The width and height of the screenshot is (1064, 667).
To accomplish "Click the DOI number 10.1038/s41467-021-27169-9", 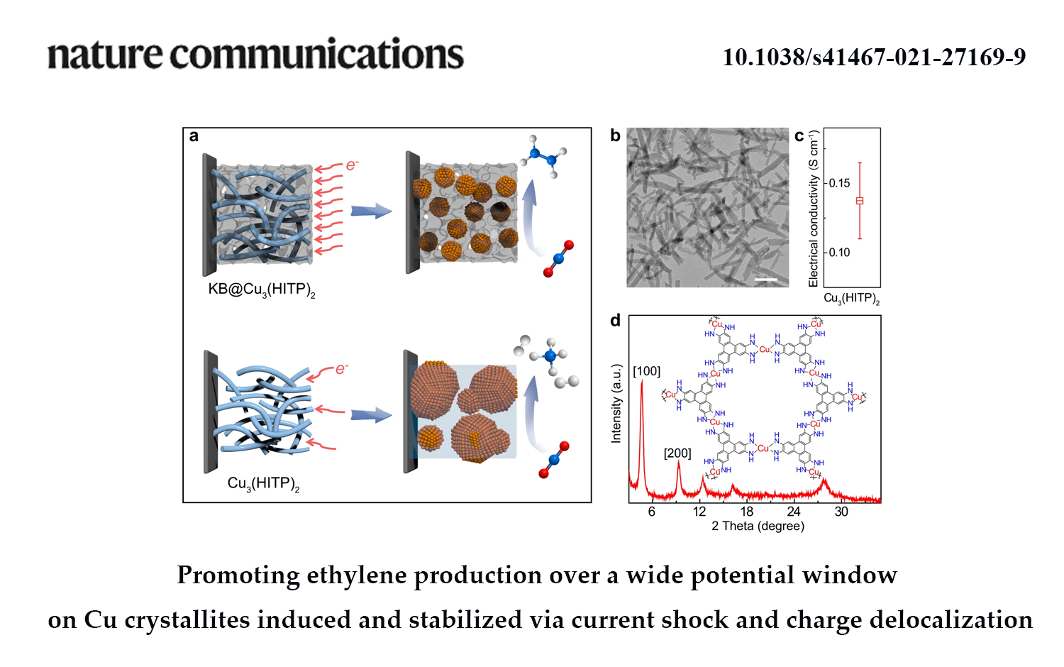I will [x=874, y=57].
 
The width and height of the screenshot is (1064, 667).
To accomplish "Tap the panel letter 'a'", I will [x=194, y=136].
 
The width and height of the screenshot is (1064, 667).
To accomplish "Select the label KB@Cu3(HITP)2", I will [x=261, y=290].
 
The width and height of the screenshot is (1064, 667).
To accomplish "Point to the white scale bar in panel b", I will [x=766, y=280].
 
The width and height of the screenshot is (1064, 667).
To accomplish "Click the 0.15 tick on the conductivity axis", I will [x=839, y=183].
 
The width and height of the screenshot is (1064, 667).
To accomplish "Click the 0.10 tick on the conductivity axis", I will [x=839, y=252].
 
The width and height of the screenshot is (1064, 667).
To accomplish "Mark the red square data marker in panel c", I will [x=860, y=201].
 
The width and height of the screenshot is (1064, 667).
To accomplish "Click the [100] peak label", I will [x=646, y=371].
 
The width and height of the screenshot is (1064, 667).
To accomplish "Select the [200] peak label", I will [x=677, y=453].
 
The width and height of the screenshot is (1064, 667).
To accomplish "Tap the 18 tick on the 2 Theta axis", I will [x=746, y=512].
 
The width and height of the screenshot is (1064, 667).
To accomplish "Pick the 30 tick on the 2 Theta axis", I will [x=841, y=512].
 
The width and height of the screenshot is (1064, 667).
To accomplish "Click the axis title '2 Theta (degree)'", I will [x=758, y=527].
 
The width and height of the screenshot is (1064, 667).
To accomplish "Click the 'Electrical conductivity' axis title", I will [x=814, y=209].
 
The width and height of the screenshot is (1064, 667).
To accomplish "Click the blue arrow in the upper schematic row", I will [x=371, y=211].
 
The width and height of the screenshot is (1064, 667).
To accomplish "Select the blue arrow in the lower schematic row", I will [x=371, y=415].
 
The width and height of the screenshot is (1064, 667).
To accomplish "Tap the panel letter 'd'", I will [x=615, y=321].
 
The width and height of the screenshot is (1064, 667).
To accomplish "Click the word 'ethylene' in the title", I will [x=357, y=575].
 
